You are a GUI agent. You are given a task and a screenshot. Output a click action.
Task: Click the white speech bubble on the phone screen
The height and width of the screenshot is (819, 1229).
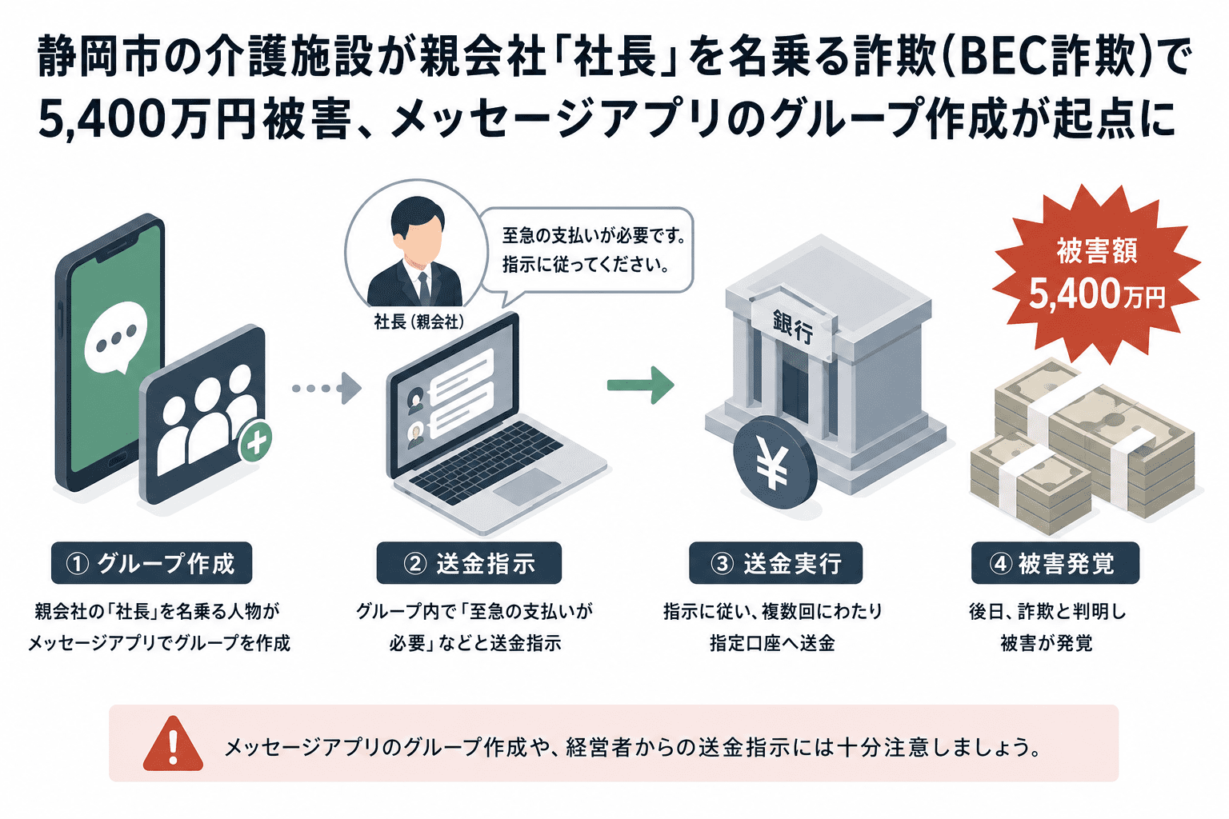point(116,337)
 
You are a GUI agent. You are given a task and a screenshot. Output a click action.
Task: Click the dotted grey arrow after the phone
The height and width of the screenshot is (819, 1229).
point(327,389)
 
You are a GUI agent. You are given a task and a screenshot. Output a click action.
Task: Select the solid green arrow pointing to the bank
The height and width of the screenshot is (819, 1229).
point(640,385)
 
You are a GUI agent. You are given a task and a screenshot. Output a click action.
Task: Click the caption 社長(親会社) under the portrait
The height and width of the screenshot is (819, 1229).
point(419,322)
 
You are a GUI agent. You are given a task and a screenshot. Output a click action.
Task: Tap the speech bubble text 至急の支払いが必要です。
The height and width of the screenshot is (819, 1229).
point(594,236)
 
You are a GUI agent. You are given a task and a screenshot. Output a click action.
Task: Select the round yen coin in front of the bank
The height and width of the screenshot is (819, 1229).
point(775,462)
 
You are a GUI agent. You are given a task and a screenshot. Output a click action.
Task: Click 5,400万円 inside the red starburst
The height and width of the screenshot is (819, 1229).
point(1097,294)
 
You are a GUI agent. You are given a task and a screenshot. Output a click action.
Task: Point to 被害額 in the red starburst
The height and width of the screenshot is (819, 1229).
point(1097,251)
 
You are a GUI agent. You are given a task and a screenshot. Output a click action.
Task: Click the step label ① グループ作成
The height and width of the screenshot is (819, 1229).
point(151,563)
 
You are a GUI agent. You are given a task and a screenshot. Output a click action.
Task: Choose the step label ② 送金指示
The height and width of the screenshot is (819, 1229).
point(469,563)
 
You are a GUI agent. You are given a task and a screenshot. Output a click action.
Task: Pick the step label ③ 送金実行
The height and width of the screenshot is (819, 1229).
point(776,563)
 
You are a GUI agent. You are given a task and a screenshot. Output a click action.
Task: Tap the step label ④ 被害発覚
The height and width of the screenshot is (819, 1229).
point(1055,563)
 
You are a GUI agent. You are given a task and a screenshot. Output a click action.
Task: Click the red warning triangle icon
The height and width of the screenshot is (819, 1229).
point(174,745)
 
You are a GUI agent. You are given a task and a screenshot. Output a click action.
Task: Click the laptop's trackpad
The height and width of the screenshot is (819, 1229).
point(526,488)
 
